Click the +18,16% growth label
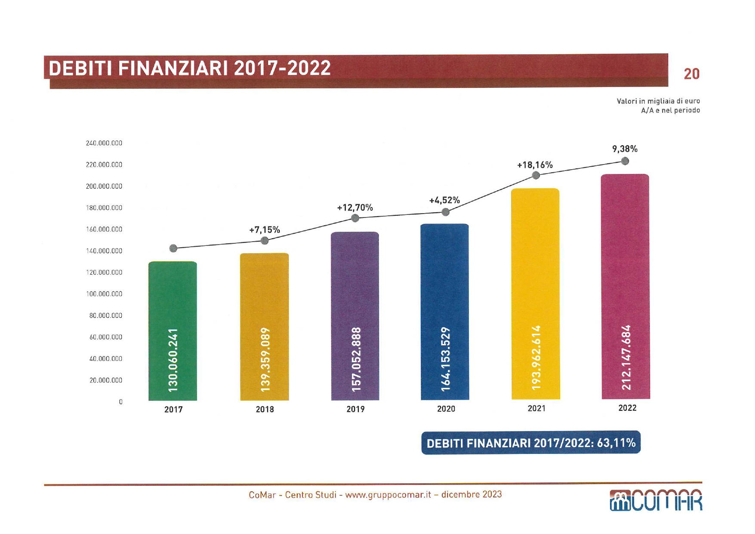(x=535, y=165)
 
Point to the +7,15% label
(x=265, y=230)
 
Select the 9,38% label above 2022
(x=625, y=149)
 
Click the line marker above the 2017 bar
(x=173, y=248)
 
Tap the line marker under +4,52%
(x=446, y=212)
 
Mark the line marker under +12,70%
(x=355, y=218)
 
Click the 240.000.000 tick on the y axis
(x=104, y=143)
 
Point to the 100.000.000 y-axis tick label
(x=104, y=294)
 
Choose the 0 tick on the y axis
(x=120, y=402)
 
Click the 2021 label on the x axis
(x=536, y=408)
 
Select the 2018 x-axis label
(x=265, y=409)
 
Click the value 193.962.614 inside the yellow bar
(x=536, y=357)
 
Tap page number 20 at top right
(x=691, y=74)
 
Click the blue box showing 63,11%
(x=531, y=443)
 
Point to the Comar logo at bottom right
(x=656, y=500)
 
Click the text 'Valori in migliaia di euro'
(x=658, y=101)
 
